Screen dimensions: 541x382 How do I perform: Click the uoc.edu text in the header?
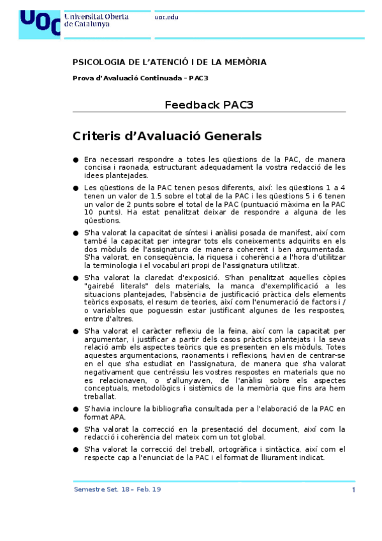click(166, 17)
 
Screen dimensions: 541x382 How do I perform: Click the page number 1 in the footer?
click(353, 490)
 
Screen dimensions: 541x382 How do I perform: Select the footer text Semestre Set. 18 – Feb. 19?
click(117, 490)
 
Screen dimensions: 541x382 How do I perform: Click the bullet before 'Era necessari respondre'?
click(77, 159)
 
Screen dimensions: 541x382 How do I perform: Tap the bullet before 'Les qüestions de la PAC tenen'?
click(77, 188)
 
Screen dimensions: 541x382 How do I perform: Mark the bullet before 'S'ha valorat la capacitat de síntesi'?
click(77, 233)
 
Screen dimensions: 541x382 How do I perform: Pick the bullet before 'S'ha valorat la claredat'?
click(77, 278)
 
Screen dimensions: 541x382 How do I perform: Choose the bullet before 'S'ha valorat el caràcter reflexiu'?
click(77, 332)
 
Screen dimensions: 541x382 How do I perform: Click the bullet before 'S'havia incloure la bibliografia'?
click(77, 408)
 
